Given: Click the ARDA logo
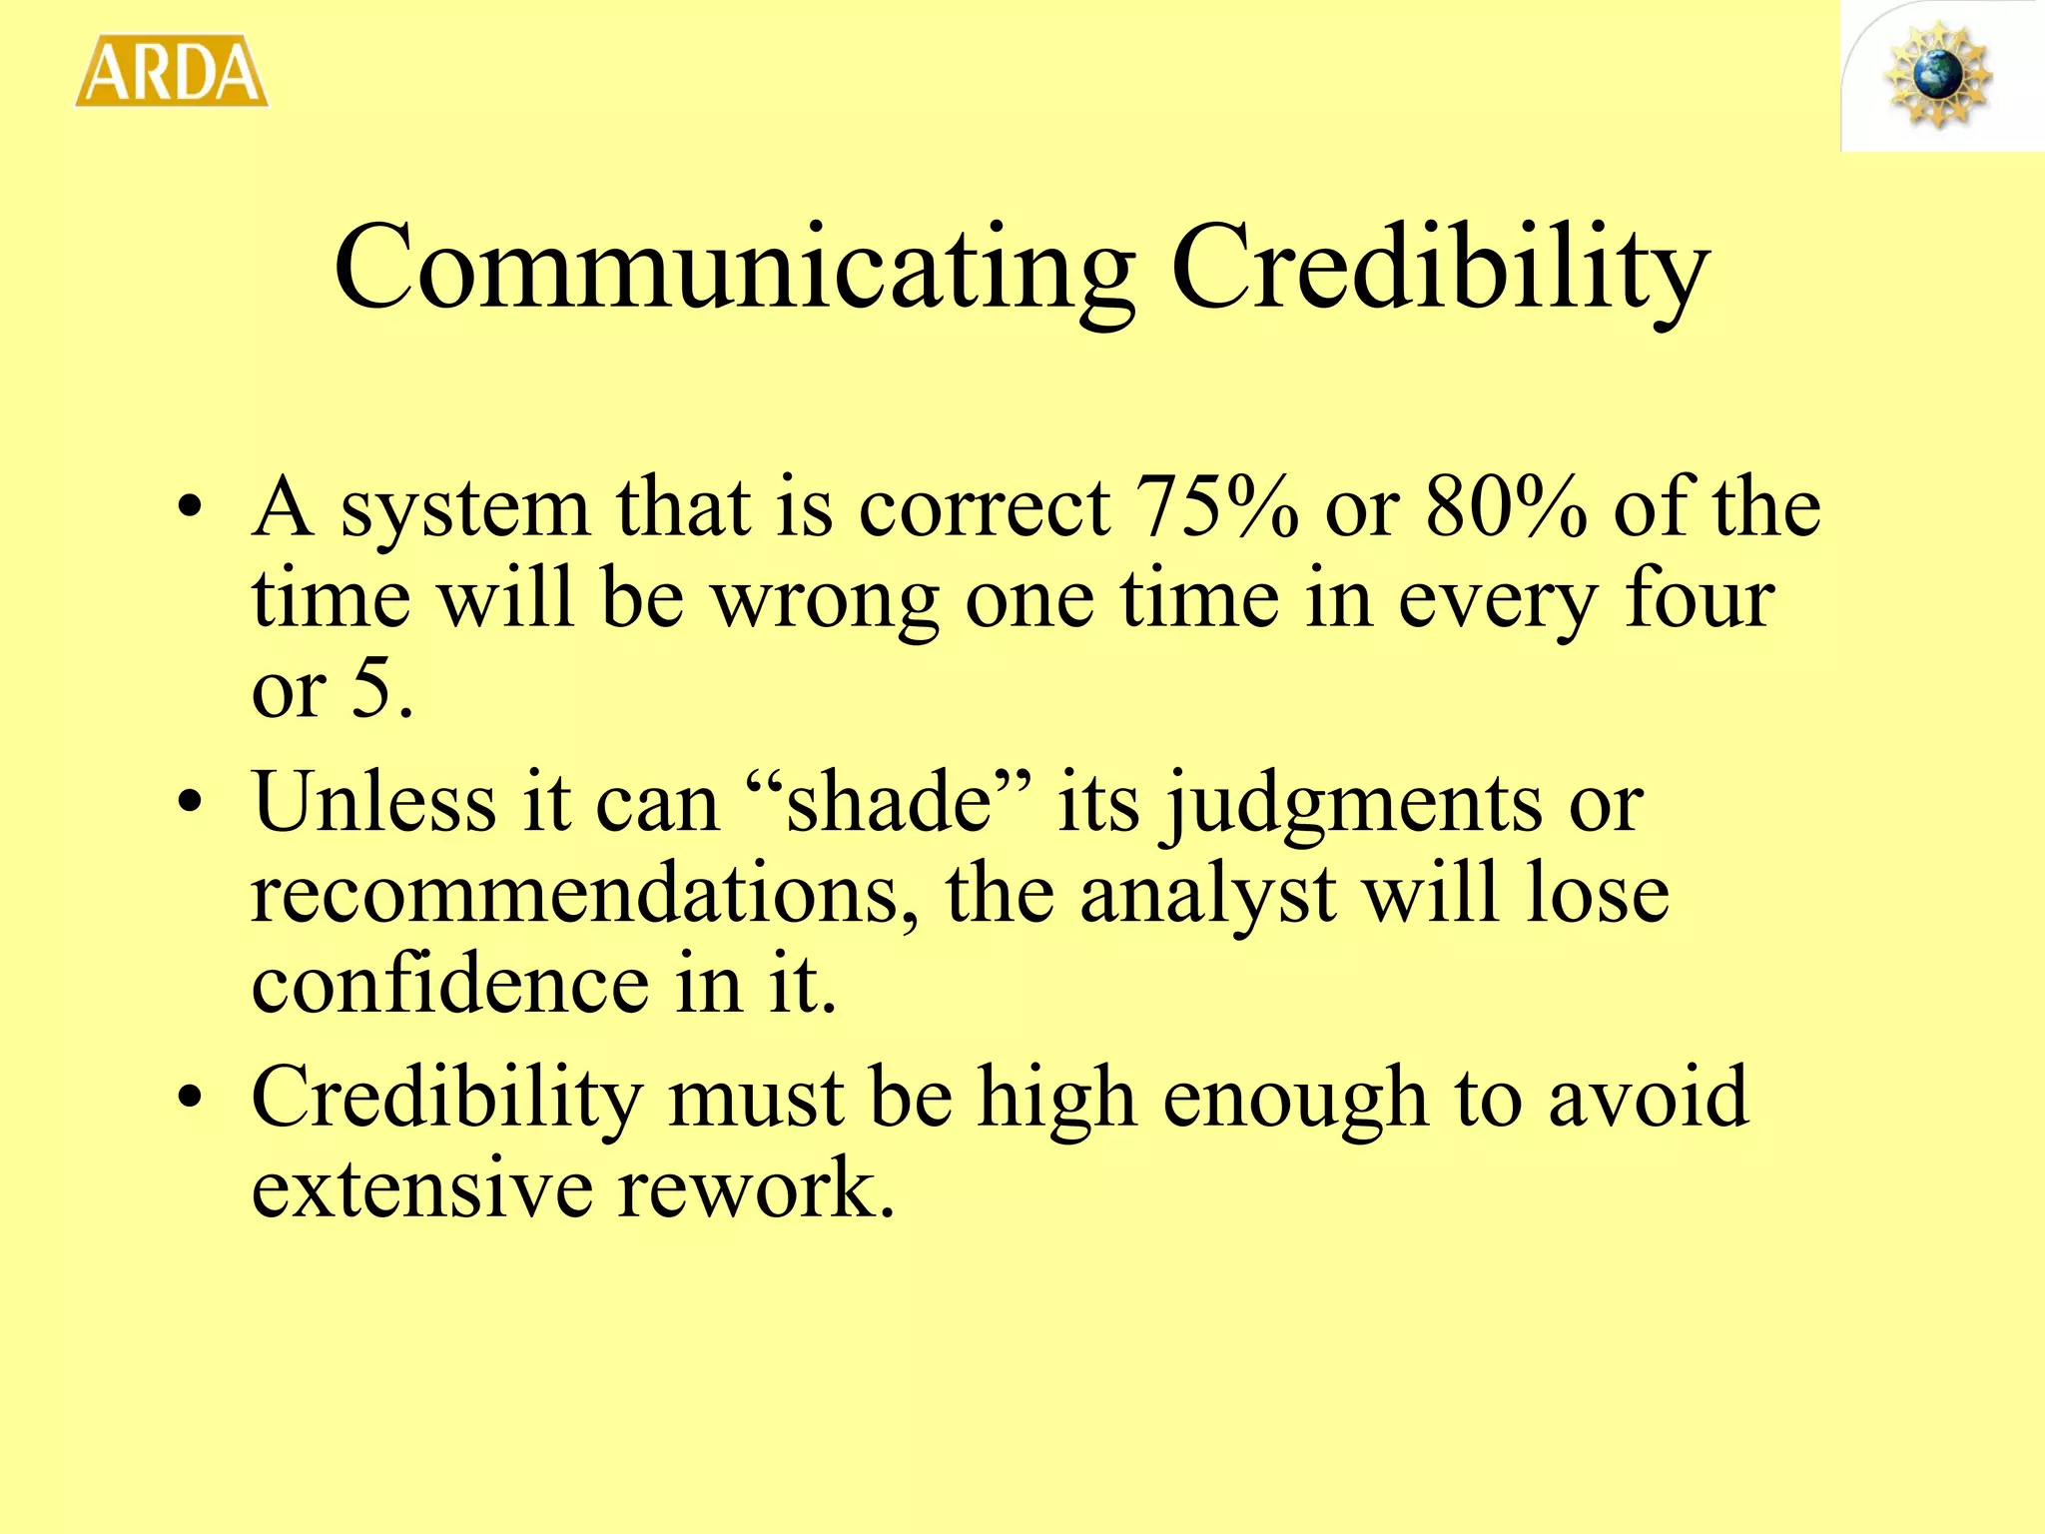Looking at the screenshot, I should [x=172, y=72].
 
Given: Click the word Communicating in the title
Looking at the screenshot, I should [x=734, y=268].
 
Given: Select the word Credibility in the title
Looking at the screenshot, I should [x=1439, y=268].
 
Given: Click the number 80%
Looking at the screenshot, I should [x=1506, y=507].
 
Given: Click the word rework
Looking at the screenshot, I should [x=755, y=1187].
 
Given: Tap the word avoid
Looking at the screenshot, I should [x=1648, y=1097].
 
